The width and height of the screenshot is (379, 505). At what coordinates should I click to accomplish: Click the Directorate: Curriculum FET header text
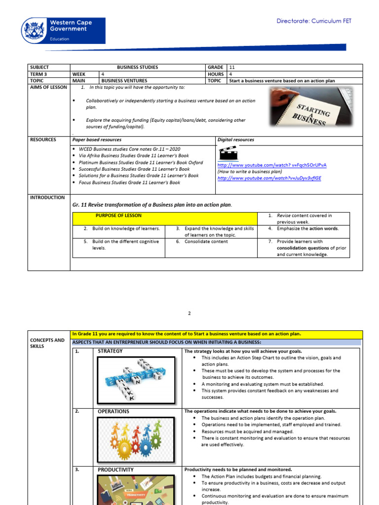[314, 21]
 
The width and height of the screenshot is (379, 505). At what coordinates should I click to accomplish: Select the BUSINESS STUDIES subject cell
[138, 67]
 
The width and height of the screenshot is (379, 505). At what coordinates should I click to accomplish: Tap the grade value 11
[231, 67]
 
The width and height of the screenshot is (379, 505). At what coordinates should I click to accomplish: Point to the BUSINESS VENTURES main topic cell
[124, 80]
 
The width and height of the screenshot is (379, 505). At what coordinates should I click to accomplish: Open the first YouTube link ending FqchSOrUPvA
[272, 165]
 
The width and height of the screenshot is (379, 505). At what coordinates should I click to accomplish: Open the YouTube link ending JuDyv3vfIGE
[269, 178]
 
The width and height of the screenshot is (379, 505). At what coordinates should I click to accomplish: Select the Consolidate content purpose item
[206, 242]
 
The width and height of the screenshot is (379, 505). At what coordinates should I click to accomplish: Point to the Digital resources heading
[235, 140]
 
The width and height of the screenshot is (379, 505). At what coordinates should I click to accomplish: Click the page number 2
[189, 313]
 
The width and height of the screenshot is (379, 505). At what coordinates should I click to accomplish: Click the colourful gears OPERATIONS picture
[136, 435]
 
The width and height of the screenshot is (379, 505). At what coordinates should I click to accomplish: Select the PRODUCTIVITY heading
[115, 470]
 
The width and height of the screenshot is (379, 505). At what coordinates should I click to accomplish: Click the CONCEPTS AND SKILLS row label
[47, 343]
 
